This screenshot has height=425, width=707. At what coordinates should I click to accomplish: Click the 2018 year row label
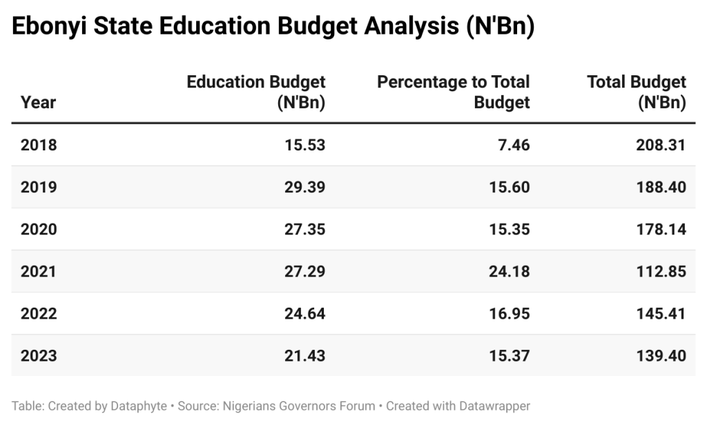[x=39, y=145]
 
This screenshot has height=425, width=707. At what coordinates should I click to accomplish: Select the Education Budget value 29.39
[x=304, y=187]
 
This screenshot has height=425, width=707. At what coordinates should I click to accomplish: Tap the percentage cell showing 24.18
[x=509, y=271]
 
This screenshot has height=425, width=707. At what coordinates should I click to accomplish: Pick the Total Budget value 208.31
[x=661, y=145]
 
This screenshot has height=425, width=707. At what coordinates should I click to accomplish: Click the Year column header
[x=39, y=103]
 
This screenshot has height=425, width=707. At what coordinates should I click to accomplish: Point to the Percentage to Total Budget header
[x=453, y=92]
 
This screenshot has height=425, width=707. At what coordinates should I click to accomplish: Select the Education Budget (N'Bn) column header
[x=256, y=92]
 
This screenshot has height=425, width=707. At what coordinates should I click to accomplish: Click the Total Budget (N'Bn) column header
[x=637, y=92]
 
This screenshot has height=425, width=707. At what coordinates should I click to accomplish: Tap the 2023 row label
[x=39, y=356]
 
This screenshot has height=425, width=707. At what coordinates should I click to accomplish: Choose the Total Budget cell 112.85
[x=661, y=271]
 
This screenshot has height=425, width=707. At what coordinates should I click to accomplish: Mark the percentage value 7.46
[x=514, y=145]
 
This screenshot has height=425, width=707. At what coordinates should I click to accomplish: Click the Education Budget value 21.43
[x=304, y=356]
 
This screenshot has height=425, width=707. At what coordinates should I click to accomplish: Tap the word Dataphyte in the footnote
[x=139, y=406]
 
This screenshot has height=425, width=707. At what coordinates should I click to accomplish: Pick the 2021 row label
[x=39, y=271]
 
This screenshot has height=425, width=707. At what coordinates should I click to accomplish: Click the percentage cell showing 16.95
[x=509, y=314]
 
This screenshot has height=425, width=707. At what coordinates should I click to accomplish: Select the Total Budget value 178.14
[x=661, y=229]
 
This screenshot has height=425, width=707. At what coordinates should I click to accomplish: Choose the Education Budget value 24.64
[x=304, y=314]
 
